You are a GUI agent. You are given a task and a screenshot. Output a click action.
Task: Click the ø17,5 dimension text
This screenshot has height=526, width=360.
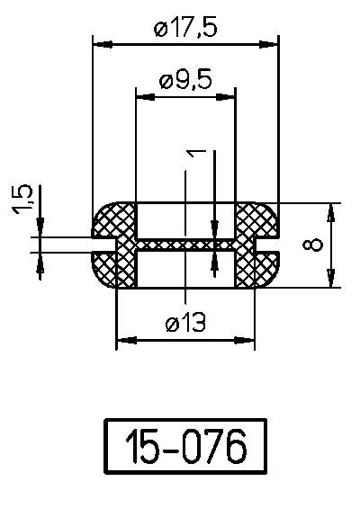[185, 29]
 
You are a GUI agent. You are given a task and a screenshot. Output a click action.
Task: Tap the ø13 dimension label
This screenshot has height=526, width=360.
[184, 325]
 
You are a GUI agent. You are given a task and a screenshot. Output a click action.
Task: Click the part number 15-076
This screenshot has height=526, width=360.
[186, 446]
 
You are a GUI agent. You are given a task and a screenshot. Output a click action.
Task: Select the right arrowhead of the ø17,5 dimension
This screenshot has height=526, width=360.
[270, 43]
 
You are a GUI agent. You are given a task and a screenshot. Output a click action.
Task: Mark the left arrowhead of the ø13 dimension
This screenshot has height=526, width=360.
[124, 340]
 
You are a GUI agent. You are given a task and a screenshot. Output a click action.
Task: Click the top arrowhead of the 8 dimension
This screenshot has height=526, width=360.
[332, 210]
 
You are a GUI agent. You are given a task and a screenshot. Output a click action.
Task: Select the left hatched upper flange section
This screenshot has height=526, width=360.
[115, 219]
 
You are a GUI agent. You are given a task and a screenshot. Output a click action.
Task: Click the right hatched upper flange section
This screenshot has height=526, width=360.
[256, 219]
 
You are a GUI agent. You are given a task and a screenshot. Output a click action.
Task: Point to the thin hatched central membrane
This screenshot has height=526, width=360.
[184, 245]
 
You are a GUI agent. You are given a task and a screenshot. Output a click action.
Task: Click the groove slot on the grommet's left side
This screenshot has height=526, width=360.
[104, 245]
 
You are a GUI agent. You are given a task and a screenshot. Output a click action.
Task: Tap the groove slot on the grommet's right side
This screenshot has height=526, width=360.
[266, 245]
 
